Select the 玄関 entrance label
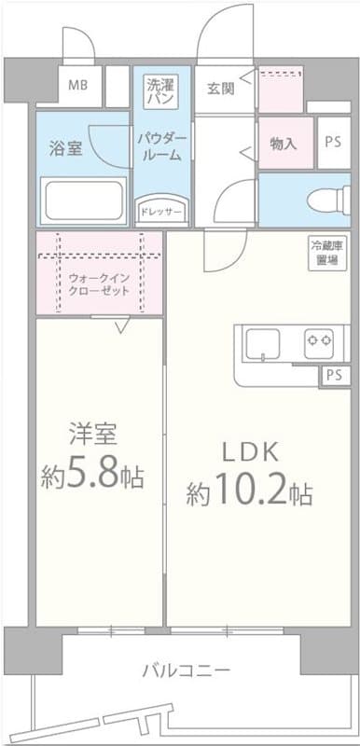[220, 89]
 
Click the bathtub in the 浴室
[83, 199]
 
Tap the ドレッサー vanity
[161, 211]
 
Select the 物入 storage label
[284, 144]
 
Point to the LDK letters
[248, 451]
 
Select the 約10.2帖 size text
[248, 491]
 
